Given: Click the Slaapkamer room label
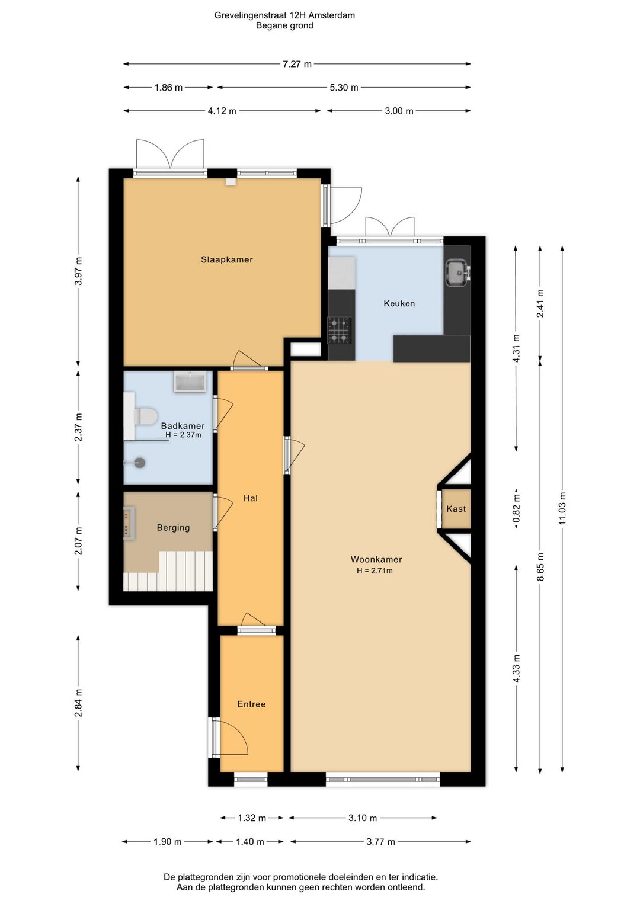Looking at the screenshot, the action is pyautogui.click(x=226, y=259).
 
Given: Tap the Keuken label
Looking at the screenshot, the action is pyautogui.click(x=399, y=303).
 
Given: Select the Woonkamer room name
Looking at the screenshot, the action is pyautogui.click(x=376, y=559).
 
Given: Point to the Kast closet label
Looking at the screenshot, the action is pyautogui.click(x=456, y=509).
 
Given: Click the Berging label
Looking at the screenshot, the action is pyautogui.click(x=173, y=527).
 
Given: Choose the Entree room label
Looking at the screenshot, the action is pyautogui.click(x=251, y=704).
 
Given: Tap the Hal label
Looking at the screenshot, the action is pyautogui.click(x=250, y=498).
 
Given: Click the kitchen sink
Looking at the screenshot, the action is pyautogui.click(x=457, y=273).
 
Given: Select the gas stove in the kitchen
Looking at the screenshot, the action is pyautogui.click(x=339, y=331).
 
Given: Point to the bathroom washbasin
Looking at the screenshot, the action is pyautogui.click(x=190, y=382).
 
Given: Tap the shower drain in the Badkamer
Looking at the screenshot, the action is pyautogui.click(x=140, y=463).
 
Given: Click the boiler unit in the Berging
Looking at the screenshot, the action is pyautogui.click(x=129, y=523).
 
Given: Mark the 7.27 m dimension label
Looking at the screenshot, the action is pyautogui.click(x=297, y=64).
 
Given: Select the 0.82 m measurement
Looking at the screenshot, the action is pyautogui.click(x=516, y=508).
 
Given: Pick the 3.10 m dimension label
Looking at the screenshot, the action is pyautogui.click(x=363, y=818).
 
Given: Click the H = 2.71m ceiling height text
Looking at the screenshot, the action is pyautogui.click(x=375, y=570).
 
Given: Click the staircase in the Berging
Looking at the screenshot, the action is pyautogui.click(x=168, y=571).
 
